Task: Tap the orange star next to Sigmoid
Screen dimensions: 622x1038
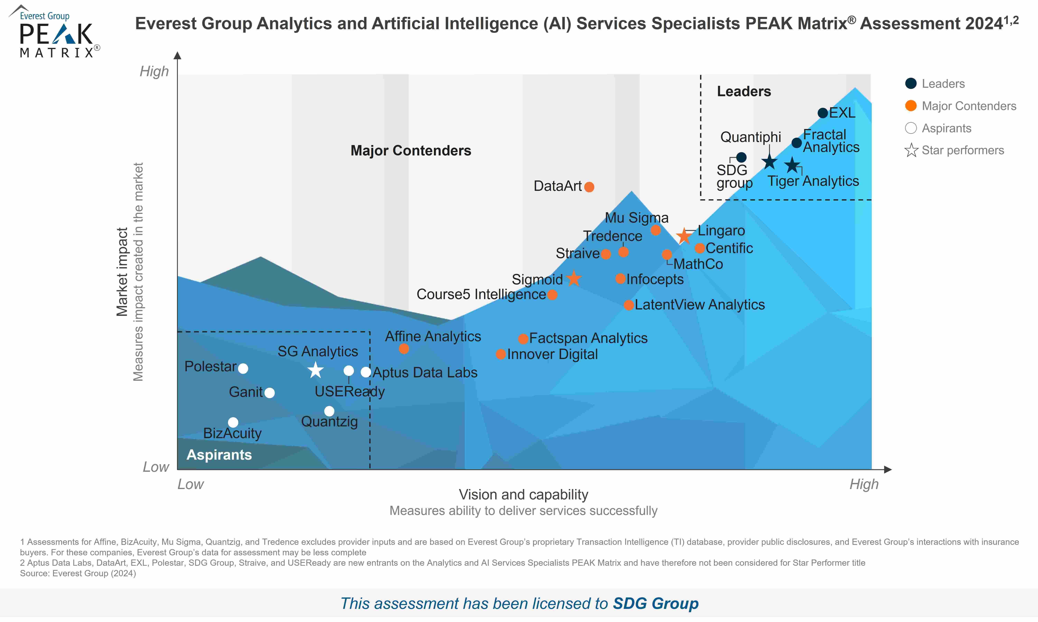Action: [x=574, y=278]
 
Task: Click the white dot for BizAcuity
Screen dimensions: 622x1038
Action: [x=233, y=422]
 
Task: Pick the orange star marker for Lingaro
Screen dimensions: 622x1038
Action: [x=684, y=236]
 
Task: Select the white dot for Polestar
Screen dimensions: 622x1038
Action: [x=243, y=369]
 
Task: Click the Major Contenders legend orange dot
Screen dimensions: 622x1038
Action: [x=911, y=106]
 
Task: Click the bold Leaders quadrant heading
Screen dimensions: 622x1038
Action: [x=744, y=91]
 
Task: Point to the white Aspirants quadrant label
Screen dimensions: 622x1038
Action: [x=219, y=455]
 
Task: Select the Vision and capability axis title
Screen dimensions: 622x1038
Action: [x=523, y=495]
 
